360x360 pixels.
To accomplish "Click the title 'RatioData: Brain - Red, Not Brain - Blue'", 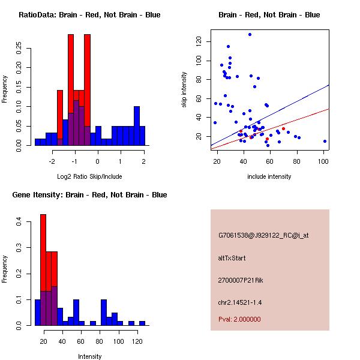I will (89, 15).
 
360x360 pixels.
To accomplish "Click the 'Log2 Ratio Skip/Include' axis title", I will (89, 176).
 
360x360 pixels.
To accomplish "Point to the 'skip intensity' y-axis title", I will (185, 90).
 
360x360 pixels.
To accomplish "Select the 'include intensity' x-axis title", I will (269, 176).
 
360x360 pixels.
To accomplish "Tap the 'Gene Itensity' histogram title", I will (89, 195).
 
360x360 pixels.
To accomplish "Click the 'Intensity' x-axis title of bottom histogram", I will (89, 356).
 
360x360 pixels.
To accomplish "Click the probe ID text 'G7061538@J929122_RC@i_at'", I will (263, 235).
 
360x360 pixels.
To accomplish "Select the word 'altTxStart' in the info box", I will (232, 258).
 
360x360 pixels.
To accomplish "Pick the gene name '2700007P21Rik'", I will (241, 280).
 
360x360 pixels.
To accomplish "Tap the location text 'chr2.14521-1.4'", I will (240, 302).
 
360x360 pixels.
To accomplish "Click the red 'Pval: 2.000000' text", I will (240, 319).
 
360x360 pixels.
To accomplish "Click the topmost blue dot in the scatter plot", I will (250, 34).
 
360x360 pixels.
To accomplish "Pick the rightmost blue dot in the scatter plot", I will (325, 141).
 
